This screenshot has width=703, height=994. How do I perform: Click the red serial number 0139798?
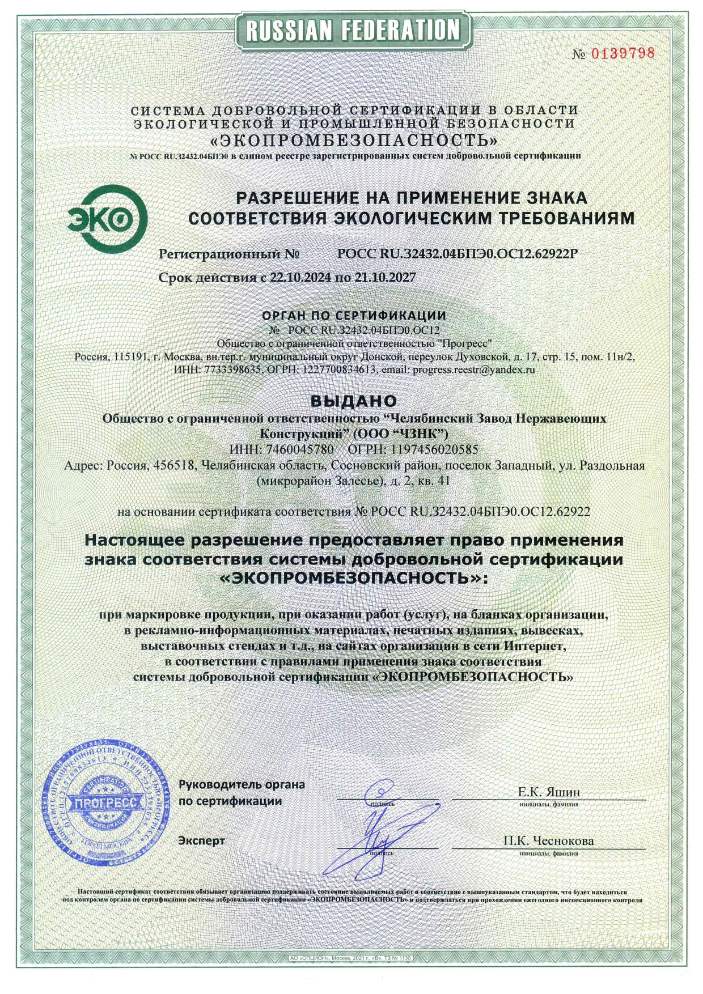coord(623,53)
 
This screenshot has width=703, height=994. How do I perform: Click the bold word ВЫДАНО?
coord(353,401)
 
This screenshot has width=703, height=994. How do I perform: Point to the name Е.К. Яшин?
coord(549,792)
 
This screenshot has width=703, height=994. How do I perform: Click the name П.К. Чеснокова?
coord(548,840)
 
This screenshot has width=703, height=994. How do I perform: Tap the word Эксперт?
coord(202,840)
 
